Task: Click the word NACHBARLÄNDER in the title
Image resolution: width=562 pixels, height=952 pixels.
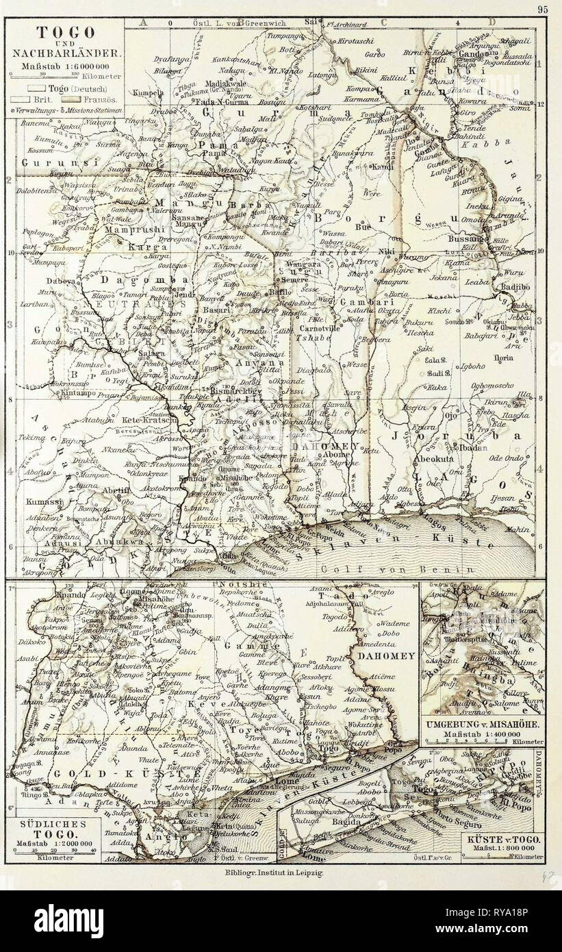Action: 65,51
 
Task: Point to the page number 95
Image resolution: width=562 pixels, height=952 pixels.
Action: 543,9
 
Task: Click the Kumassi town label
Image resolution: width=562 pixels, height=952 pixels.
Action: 40,502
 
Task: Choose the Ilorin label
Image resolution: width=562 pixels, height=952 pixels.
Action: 502,358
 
